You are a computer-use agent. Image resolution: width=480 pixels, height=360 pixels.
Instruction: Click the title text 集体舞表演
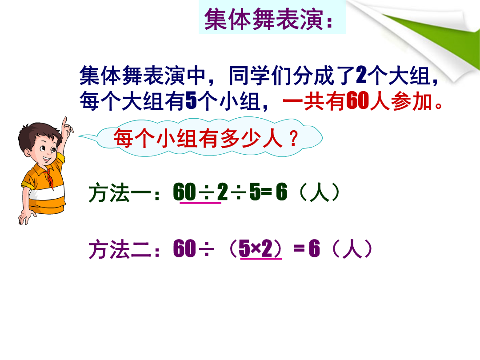pos(264,19)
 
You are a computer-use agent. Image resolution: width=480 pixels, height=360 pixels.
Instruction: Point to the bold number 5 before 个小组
pos(191,101)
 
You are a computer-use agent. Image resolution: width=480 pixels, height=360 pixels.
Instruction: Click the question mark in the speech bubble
pos(293,138)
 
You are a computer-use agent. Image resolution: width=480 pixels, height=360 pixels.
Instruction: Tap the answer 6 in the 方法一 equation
pos(282,192)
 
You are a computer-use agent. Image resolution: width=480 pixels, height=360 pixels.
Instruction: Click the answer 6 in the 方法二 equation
pos(314,248)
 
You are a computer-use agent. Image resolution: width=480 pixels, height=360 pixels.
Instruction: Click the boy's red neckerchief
pos(49,177)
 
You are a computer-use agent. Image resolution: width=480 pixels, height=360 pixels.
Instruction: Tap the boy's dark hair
pos(37,135)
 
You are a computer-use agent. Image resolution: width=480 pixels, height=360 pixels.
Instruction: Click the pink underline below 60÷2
pos(200,203)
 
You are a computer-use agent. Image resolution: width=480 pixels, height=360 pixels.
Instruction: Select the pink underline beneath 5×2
pos(261,259)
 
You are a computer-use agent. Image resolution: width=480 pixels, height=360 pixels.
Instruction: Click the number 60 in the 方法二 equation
pos(184,248)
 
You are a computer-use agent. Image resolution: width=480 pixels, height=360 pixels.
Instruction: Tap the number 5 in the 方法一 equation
pos(255,192)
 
